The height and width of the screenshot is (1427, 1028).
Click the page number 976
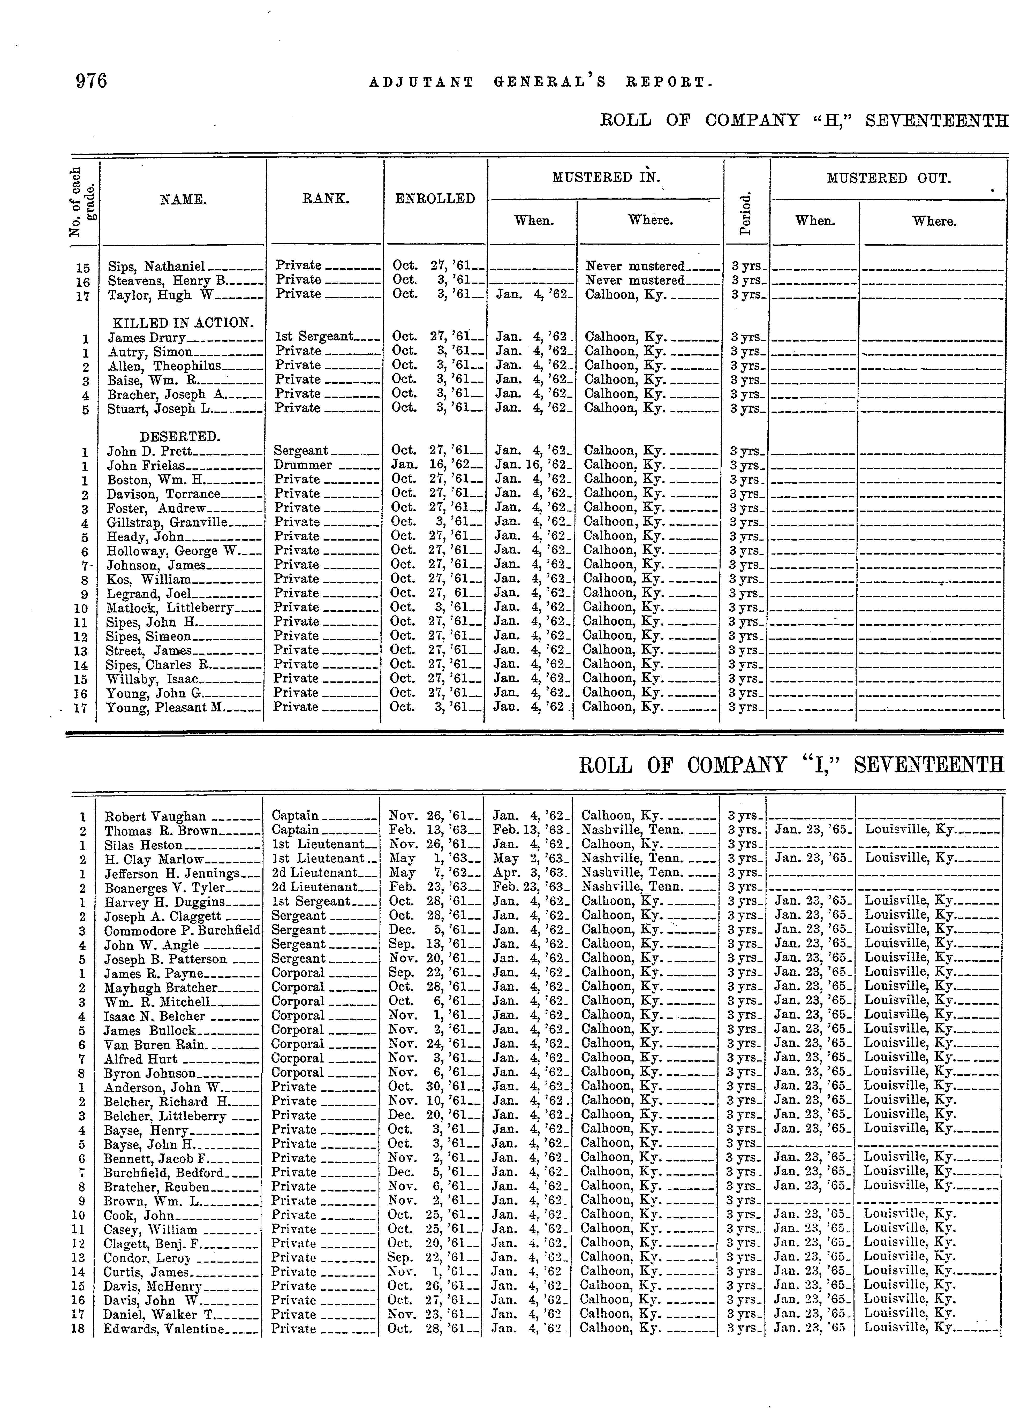[91, 81]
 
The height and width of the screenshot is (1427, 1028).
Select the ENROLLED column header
[435, 199]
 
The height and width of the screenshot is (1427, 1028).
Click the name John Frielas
[146, 466]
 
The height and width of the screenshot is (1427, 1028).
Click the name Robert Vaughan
[155, 817]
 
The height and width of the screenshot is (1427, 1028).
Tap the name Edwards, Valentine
[164, 1329]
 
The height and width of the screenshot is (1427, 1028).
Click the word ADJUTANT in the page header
[421, 82]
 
